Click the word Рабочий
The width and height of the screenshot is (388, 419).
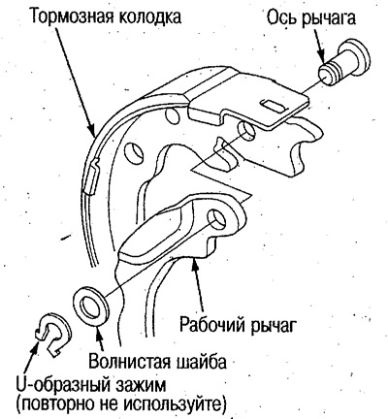213,324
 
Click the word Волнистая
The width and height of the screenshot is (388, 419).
129,361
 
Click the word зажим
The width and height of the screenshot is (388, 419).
141,387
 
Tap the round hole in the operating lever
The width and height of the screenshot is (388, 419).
217,217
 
